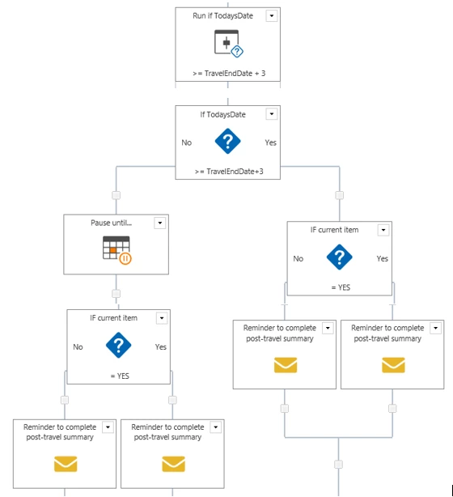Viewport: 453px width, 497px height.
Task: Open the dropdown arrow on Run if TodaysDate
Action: (272, 16)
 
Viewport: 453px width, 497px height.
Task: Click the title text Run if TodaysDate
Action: (222, 16)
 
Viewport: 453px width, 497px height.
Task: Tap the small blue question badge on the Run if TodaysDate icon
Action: (237, 51)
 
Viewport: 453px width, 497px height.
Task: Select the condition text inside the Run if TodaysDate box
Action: (229, 74)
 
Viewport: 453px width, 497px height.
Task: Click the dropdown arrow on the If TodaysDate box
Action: (272, 114)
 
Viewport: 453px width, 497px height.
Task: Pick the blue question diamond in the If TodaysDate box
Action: (227, 141)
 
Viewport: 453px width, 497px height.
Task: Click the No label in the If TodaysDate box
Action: (187, 142)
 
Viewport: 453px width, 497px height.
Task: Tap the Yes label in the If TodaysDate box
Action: (270, 142)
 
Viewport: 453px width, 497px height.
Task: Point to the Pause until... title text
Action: (111, 223)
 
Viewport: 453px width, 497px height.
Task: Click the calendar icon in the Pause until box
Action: (116, 248)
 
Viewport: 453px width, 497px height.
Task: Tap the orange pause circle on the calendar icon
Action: (125, 259)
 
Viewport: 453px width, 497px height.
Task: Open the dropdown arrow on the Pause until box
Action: (160, 223)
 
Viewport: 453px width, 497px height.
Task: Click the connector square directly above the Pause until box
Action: (116, 195)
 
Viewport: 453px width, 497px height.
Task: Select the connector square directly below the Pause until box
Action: (116, 294)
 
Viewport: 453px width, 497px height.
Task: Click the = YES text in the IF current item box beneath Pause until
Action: (120, 376)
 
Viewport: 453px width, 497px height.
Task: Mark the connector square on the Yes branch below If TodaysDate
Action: (340, 195)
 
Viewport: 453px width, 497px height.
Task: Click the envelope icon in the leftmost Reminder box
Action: (66, 464)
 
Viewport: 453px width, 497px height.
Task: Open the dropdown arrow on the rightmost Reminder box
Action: (435, 328)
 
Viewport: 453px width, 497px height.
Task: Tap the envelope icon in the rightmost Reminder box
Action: (393, 365)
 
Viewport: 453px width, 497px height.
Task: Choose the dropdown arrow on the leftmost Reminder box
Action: (108, 427)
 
